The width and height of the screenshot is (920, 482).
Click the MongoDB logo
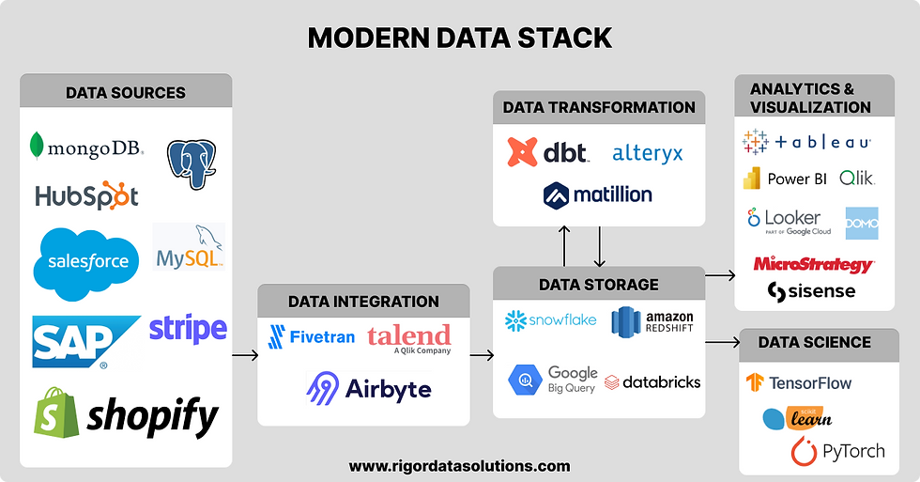(x=86, y=148)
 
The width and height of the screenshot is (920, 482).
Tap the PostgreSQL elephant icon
(x=192, y=163)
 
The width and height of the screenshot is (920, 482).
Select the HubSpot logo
(x=86, y=194)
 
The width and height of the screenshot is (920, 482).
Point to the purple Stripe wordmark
(x=188, y=329)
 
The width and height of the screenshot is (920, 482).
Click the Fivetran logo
(x=311, y=336)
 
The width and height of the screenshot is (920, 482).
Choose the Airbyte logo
(x=369, y=388)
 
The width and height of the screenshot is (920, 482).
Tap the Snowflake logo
(x=551, y=319)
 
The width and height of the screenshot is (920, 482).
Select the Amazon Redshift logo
(x=653, y=320)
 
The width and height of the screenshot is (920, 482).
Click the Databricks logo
(x=653, y=382)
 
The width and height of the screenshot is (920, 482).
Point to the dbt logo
(x=547, y=152)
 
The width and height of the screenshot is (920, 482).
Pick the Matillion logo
(x=598, y=195)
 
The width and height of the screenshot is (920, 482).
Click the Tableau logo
(x=806, y=143)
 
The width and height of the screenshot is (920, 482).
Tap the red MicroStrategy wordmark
(x=813, y=264)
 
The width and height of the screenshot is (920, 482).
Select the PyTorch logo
(x=837, y=451)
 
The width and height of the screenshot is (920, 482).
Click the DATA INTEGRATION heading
(x=363, y=302)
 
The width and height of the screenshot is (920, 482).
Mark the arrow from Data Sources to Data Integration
(x=244, y=355)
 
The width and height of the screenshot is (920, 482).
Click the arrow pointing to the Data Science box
(x=722, y=343)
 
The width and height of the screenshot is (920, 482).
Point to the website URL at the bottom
(x=459, y=466)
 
